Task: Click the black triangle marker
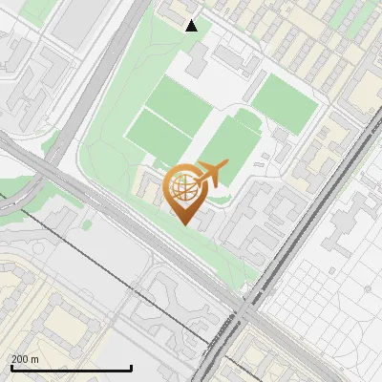click(192, 26)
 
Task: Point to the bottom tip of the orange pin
click(184, 224)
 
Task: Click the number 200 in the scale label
click(20, 359)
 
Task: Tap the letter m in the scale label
click(34, 359)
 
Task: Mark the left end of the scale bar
click(11, 368)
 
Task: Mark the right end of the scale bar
click(131, 368)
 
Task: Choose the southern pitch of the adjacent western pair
click(158, 136)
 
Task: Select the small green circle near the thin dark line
click(87, 225)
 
